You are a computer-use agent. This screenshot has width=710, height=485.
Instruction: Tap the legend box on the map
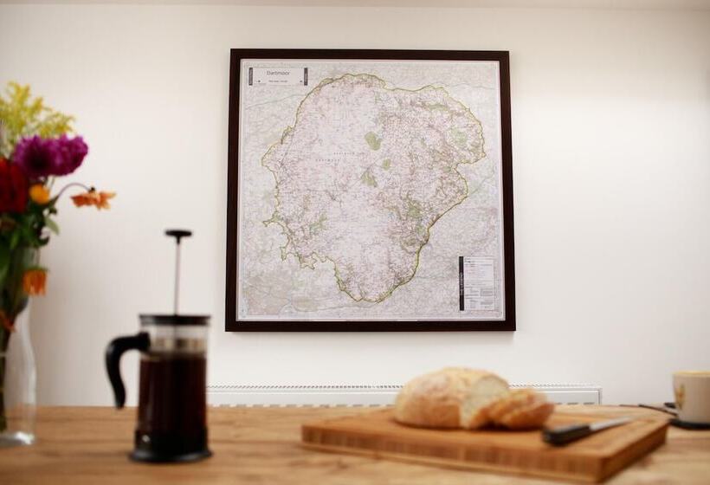pos(478,282)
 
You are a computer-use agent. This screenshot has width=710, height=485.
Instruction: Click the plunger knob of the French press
pos(178,235)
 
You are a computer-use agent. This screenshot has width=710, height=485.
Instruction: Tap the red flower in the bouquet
pos(12,186)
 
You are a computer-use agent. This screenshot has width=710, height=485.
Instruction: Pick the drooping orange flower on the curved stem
pos(93,199)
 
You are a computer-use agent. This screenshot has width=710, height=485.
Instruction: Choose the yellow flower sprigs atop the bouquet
pos(30,113)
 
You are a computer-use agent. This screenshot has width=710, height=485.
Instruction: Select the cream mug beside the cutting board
pos(692,396)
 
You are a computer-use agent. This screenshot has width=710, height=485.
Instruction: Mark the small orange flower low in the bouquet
pos(35,281)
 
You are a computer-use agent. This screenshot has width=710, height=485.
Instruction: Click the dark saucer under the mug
pos(684,423)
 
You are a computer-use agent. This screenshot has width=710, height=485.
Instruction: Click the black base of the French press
pos(171,455)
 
